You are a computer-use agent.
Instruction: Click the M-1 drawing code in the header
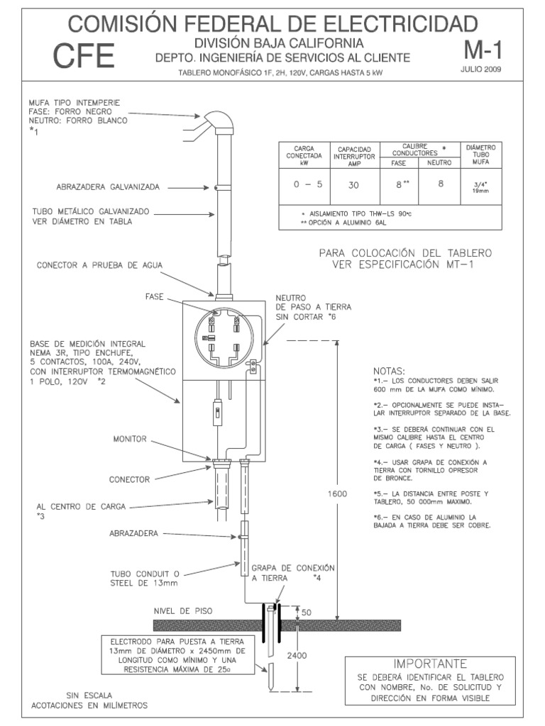(485, 50)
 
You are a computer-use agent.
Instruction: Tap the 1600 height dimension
(337, 493)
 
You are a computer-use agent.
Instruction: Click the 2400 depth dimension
(297, 656)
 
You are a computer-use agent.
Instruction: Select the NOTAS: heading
(388, 372)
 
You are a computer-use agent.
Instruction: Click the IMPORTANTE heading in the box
(430, 664)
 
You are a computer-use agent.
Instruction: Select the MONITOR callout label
(130, 440)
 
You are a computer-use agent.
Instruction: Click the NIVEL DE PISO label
(183, 610)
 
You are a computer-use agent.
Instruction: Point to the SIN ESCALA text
(88, 696)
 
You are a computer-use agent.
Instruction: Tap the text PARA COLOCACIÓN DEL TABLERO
(405, 253)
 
